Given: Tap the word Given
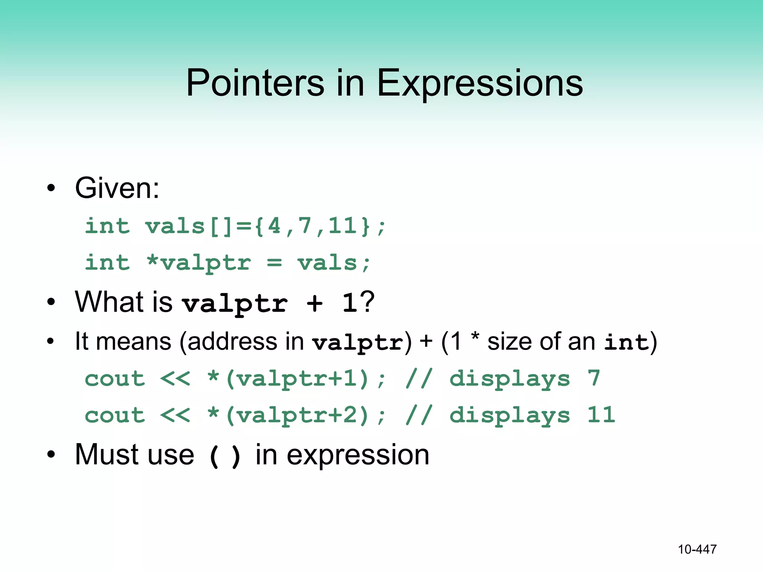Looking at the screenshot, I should (x=117, y=188).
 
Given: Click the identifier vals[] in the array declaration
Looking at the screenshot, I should (x=188, y=226).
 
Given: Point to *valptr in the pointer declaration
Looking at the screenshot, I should (x=199, y=263).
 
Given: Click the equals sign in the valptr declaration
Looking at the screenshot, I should (x=275, y=263).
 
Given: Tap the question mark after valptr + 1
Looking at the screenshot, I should (x=367, y=302).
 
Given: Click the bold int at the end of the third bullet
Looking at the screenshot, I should (x=626, y=342).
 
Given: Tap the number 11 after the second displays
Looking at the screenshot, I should (x=601, y=415).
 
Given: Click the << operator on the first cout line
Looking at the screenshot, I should (x=175, y=379).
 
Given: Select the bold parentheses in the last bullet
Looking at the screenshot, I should (x=225, y=456).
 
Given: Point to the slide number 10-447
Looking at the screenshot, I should (x=697, y=549).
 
